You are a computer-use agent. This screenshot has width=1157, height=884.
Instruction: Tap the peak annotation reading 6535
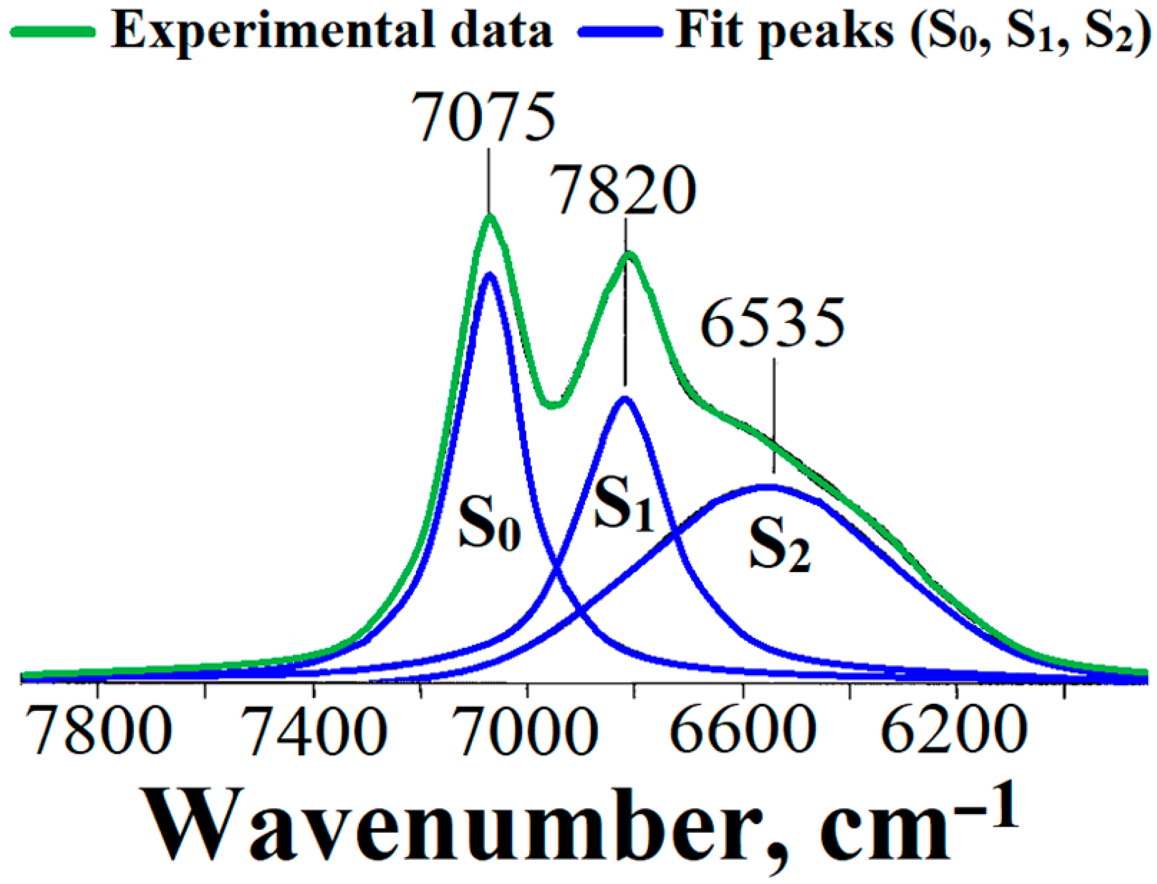(x=772, y=322)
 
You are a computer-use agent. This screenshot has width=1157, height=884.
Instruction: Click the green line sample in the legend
(x=53, y=32)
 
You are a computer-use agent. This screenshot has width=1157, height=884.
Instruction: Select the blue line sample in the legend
(x=620, y=32)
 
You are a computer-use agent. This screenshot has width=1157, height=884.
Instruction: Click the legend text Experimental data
(x=332, y=31)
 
